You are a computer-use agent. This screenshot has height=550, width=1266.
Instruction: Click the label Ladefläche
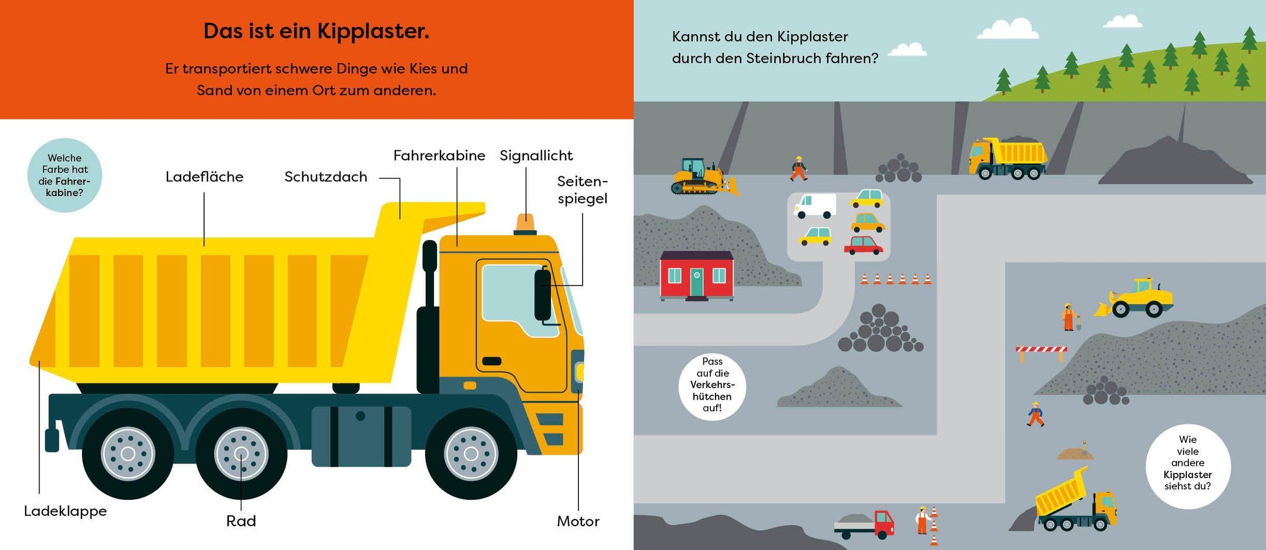point(204,177)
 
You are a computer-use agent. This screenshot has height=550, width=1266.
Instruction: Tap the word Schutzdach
point(326,177)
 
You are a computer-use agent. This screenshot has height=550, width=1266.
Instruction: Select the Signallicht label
point(536,156)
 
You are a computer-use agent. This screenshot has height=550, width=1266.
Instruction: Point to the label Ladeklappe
point(65,511)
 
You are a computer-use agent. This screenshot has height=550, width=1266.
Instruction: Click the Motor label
point(578,522)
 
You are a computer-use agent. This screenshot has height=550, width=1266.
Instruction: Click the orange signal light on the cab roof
point(525,224)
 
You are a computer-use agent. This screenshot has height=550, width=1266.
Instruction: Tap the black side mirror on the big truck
point(542,295)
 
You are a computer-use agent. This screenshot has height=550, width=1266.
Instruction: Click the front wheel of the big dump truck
point(471,453)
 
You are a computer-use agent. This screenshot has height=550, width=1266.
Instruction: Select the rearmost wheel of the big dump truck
point(128,453)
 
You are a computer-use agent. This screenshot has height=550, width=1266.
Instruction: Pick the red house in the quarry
point(697,275)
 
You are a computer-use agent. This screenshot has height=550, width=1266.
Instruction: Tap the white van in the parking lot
point(815,206)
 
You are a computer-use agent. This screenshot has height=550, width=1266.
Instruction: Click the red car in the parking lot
point(863,245)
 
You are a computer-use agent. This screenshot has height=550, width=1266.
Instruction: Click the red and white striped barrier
point(1041,353)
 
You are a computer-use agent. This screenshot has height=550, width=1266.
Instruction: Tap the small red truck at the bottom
point(864,524)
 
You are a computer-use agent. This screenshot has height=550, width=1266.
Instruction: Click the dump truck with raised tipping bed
point(1077,500)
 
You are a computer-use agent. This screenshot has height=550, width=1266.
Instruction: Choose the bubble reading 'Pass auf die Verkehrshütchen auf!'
point(712,386)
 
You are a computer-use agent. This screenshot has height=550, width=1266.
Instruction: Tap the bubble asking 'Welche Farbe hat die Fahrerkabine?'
point(64,175)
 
